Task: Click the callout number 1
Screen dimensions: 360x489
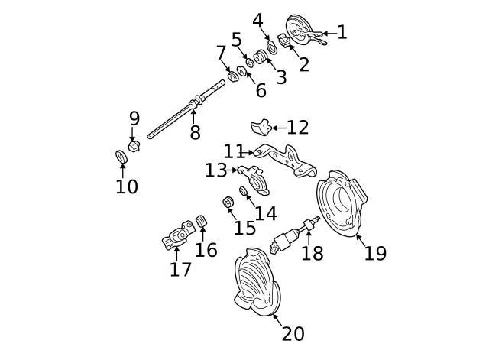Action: click(342, 32)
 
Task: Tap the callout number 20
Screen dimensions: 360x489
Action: click(293, 334)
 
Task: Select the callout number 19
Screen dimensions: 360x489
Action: click(375, 253)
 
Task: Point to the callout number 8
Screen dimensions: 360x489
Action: click(195, 132)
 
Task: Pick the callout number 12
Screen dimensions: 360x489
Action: click(297, 127)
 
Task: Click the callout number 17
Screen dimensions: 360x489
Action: click(180, 269)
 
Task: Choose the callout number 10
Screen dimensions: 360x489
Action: click(127, 186)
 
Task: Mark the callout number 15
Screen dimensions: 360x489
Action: click(245, 227)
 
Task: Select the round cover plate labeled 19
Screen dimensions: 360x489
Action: click(342, 203)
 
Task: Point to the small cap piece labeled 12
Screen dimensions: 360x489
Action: click(261, 126)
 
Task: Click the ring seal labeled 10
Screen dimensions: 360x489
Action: click(121, 157)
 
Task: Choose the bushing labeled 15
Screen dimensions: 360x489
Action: click(226, 203)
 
